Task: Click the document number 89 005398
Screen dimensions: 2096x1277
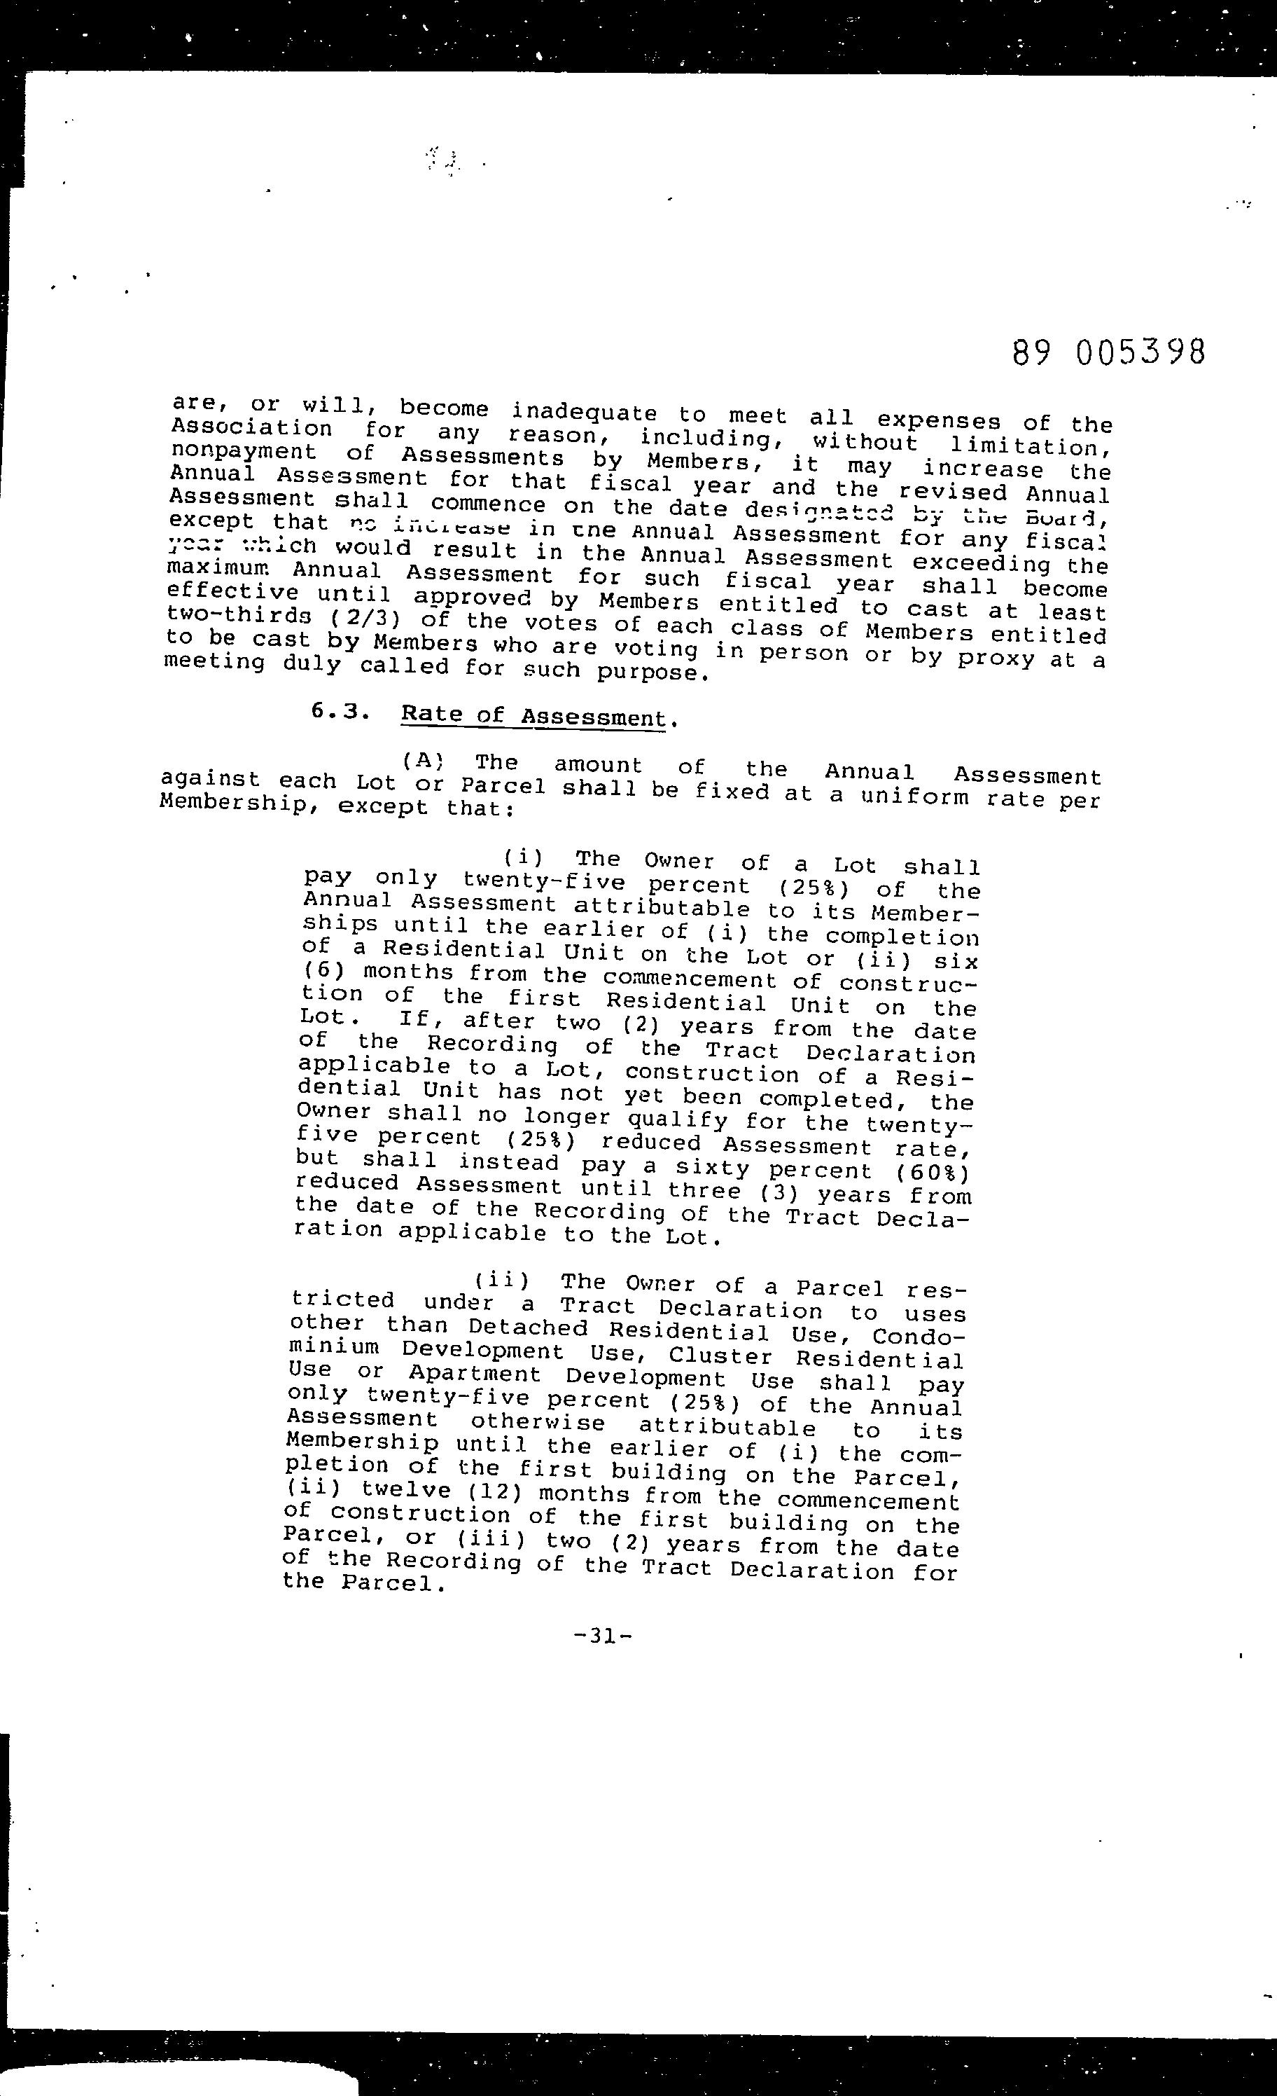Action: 1109,352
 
